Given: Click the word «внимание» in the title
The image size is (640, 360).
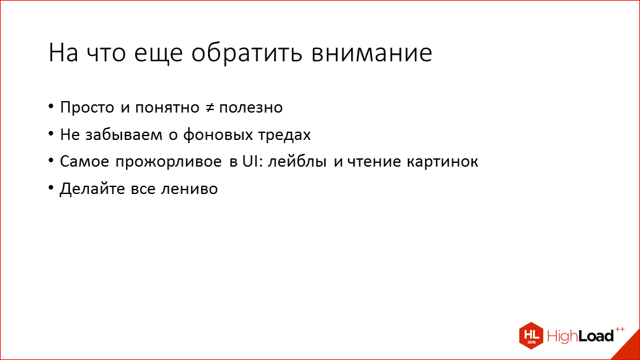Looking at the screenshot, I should click(x=371, y=53).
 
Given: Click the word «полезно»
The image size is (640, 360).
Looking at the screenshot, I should click(x=251, y=107).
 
